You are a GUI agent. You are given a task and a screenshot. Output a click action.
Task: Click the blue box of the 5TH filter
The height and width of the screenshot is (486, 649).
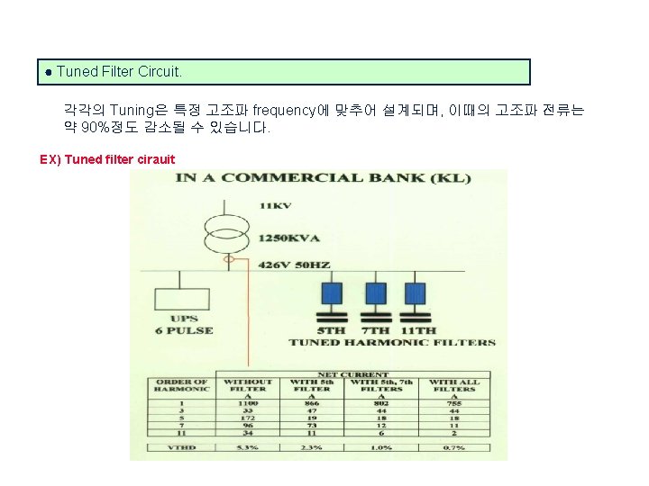(x=333, y=293)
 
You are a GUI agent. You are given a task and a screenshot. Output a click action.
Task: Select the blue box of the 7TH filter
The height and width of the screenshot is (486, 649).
(x=374, y=293)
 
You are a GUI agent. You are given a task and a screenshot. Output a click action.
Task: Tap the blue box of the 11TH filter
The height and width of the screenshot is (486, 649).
(x=415, y=293)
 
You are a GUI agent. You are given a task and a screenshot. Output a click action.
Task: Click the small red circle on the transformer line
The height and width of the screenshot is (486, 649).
(x=230, y=260)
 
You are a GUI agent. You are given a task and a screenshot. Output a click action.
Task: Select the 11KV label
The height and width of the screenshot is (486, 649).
(x=275, y=206)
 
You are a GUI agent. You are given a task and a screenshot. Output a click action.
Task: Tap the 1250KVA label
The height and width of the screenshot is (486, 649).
(x=288, y=238)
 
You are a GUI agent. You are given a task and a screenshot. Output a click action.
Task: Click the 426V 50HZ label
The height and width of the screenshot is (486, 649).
(x=295, y=265)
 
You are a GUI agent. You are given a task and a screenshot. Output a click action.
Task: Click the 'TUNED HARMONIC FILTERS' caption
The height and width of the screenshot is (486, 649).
(x=392, y=342)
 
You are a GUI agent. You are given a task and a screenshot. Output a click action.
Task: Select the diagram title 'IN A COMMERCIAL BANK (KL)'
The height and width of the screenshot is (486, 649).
(x=323, y=178)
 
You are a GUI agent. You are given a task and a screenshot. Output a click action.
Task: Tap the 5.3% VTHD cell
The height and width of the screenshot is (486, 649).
(x=248, y=447)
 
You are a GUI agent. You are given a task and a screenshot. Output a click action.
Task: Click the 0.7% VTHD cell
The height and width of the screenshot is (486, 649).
(x=453, y=447)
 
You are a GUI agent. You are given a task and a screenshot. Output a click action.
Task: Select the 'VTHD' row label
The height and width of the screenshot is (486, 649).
(x=182, y=447)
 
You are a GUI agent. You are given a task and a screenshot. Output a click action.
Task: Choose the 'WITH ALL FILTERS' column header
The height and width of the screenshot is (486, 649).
(x=454, y=386)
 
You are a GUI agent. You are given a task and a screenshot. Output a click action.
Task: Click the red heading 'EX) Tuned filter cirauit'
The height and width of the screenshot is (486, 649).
(x=107, y=160)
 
